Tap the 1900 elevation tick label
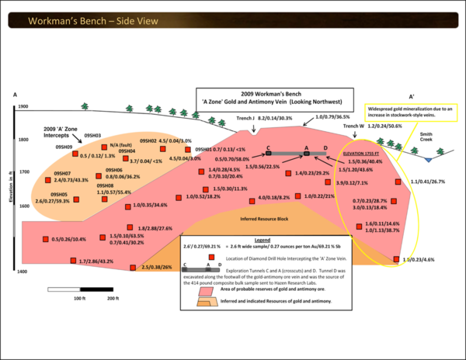pyautogui.click(x=23, y=106)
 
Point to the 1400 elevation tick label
pyautogui.click(x=23, y=272)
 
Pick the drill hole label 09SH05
pyautogui.click(x=61, y=194)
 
